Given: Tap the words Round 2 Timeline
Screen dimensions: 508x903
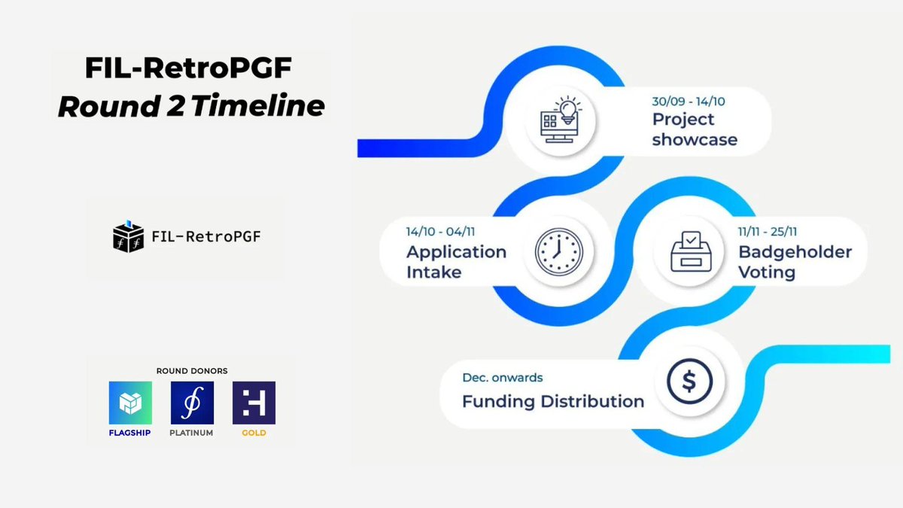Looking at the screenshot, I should [x=191, y=106].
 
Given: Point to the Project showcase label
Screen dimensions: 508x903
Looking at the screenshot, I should [x=694, y=129].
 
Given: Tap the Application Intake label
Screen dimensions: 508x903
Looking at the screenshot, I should [x=455, y=260].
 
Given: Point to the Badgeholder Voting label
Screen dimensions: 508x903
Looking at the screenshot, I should [x=795, y=260].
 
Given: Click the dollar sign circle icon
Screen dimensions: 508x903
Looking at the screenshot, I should [x=689, y=382].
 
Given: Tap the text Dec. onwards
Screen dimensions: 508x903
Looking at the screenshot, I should [x=502, y=377].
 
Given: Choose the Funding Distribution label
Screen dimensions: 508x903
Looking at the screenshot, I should [x=553, y=401].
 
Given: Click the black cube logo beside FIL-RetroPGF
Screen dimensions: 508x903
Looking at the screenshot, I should [x=128, y=236].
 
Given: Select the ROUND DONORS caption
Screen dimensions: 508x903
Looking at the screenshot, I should [x=192, y=370].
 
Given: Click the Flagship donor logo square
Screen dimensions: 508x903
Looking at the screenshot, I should [x=130, y=403].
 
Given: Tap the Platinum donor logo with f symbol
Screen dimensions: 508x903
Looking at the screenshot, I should [x=192, y=403].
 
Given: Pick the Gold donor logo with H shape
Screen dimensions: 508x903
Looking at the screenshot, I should [x=254, y=403].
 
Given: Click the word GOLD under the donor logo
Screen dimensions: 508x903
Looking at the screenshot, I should [x=254, y=433].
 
